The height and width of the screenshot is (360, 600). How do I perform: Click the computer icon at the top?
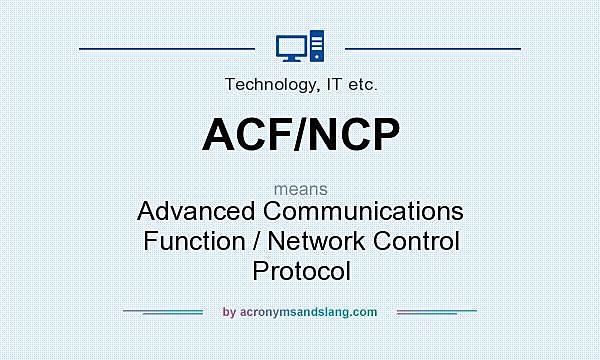tap(300, 47)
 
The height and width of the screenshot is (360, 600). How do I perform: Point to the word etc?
tap(360, 85)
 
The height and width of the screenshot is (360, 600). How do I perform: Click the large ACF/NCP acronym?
tap(300, 135)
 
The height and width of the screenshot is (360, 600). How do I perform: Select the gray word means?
tap(300, 187)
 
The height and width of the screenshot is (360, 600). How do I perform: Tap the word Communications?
tap(372, 212)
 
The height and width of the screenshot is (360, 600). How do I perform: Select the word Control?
tap(419, 241)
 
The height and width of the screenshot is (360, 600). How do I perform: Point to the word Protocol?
tap(301, 270)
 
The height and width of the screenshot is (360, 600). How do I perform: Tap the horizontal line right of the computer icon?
tap(432, 47)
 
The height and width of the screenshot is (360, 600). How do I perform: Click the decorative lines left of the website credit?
tap(163, 312)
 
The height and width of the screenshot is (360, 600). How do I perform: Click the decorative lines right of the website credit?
tap(437, 312)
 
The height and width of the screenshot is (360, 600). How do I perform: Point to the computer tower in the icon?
tap(317, 46)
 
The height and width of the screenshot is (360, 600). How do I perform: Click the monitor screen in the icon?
tap(291, 45)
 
